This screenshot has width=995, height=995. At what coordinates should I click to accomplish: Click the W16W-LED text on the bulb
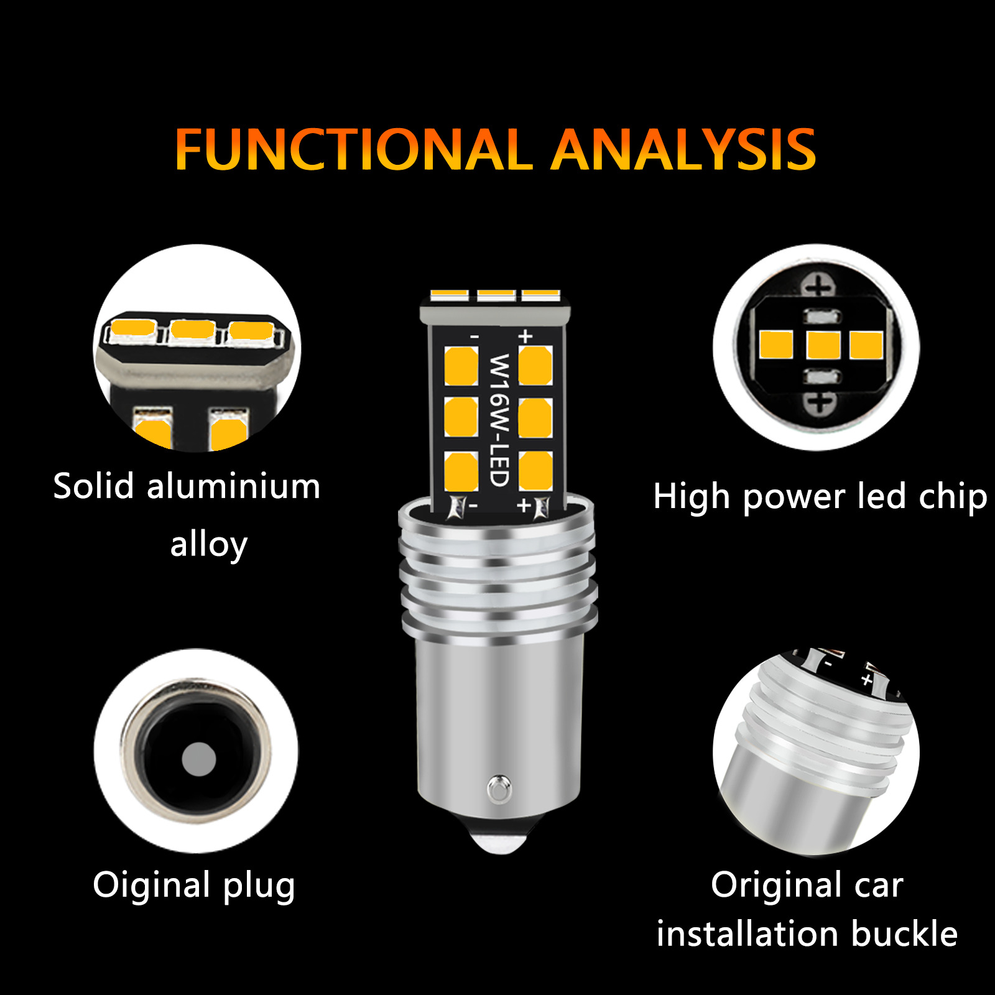(499, 420)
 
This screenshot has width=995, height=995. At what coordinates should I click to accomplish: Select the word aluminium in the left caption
(233, 486)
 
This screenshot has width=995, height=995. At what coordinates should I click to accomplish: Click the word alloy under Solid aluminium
(209, 545)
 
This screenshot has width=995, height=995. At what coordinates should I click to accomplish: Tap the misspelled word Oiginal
(152, 885)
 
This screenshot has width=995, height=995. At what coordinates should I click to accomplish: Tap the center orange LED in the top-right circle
(823, 346)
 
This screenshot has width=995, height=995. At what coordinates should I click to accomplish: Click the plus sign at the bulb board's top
(525, 336)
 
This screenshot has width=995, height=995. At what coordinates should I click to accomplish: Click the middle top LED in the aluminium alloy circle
(193, 330)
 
